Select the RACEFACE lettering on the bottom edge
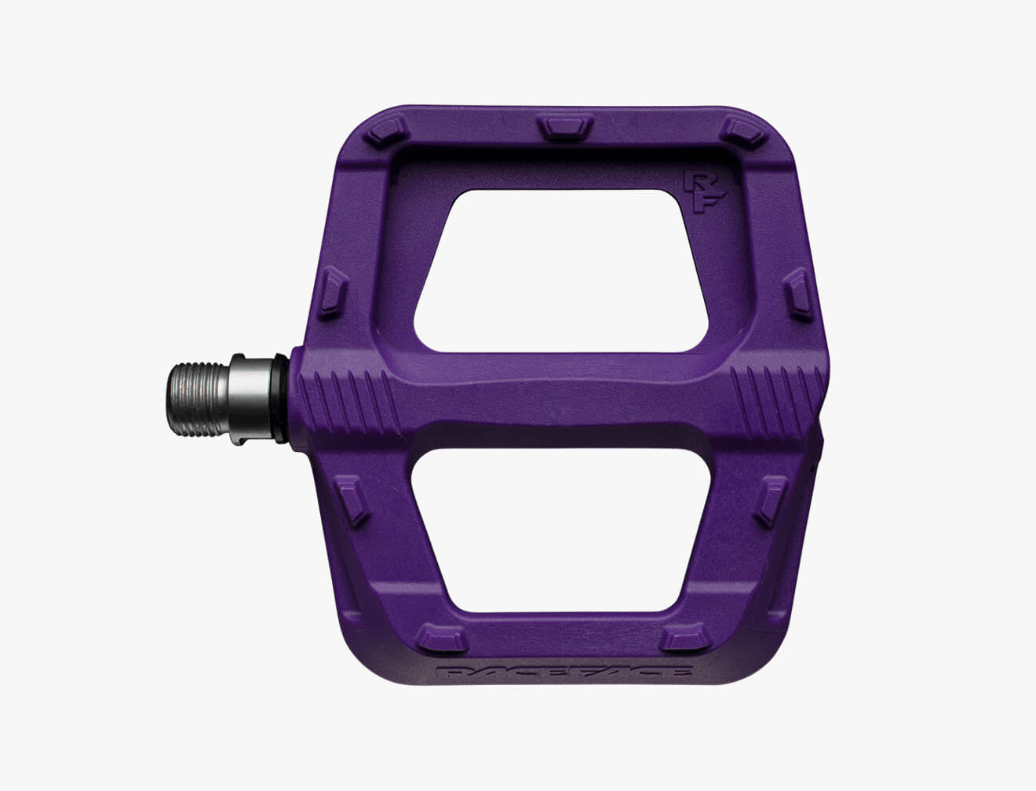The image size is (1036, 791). pos(565,673)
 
